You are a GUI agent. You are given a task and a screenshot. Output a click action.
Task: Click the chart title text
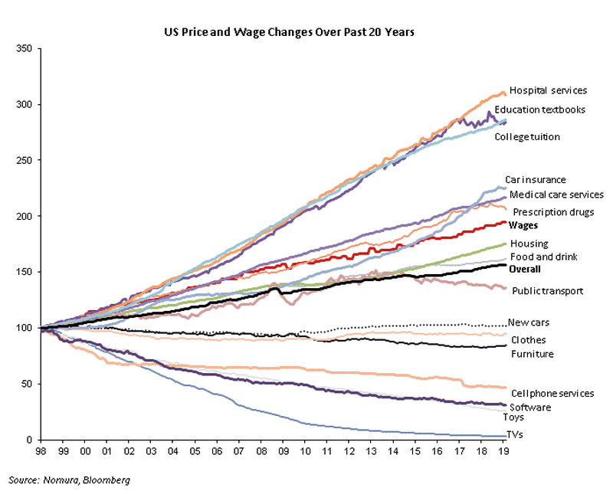[290, 32]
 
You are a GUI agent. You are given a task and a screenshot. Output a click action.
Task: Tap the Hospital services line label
[548, 90]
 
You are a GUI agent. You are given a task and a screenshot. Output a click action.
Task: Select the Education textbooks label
[539, 110]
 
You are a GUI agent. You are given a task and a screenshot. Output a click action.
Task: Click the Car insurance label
[535, 180]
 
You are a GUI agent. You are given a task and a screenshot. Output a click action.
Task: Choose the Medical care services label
[556, 195]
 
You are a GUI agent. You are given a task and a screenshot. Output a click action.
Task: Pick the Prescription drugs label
[553, 212]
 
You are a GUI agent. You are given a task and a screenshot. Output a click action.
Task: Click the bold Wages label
[523, 226]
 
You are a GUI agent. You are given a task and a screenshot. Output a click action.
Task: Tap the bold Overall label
[524, 270]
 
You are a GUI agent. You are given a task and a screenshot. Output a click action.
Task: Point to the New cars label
[529, 323]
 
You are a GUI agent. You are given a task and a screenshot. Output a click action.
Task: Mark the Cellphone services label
[552, 394]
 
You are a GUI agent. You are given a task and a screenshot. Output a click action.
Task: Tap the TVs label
[518, 436]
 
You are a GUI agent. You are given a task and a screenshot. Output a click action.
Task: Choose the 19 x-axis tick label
[503, 453]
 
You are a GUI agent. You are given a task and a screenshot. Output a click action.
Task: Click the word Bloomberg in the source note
[108, 480]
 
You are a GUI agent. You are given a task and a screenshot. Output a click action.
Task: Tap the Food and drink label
[543, 257]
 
